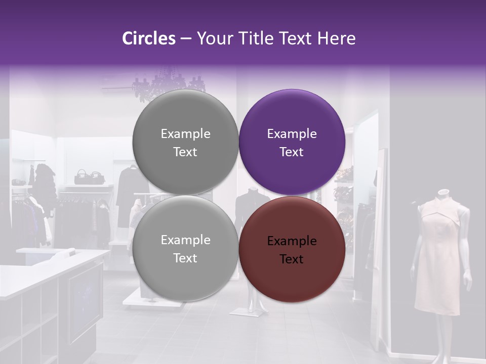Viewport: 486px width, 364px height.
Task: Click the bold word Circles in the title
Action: (x=149, y=38)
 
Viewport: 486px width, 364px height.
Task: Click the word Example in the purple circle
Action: (x=292, y=134)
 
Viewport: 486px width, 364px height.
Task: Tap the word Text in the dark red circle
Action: (x=292, y=259)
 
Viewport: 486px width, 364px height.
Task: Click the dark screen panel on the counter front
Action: (x=84, y=303)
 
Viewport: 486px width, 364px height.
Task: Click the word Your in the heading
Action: (x=213, y=38)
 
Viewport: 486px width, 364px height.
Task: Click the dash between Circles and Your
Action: (x=185, y=38)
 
